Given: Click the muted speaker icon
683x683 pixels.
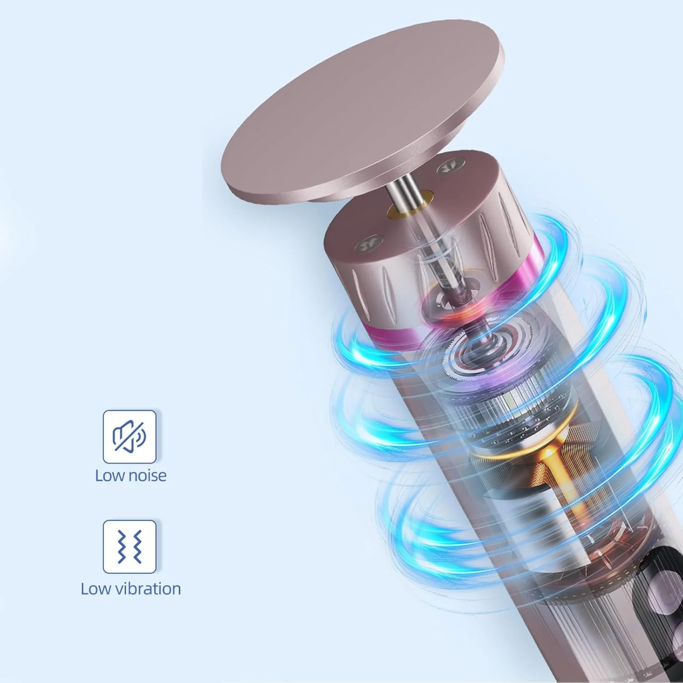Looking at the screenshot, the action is (x=129, y=436).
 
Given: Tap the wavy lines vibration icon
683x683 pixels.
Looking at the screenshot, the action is (x=130, y=546).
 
